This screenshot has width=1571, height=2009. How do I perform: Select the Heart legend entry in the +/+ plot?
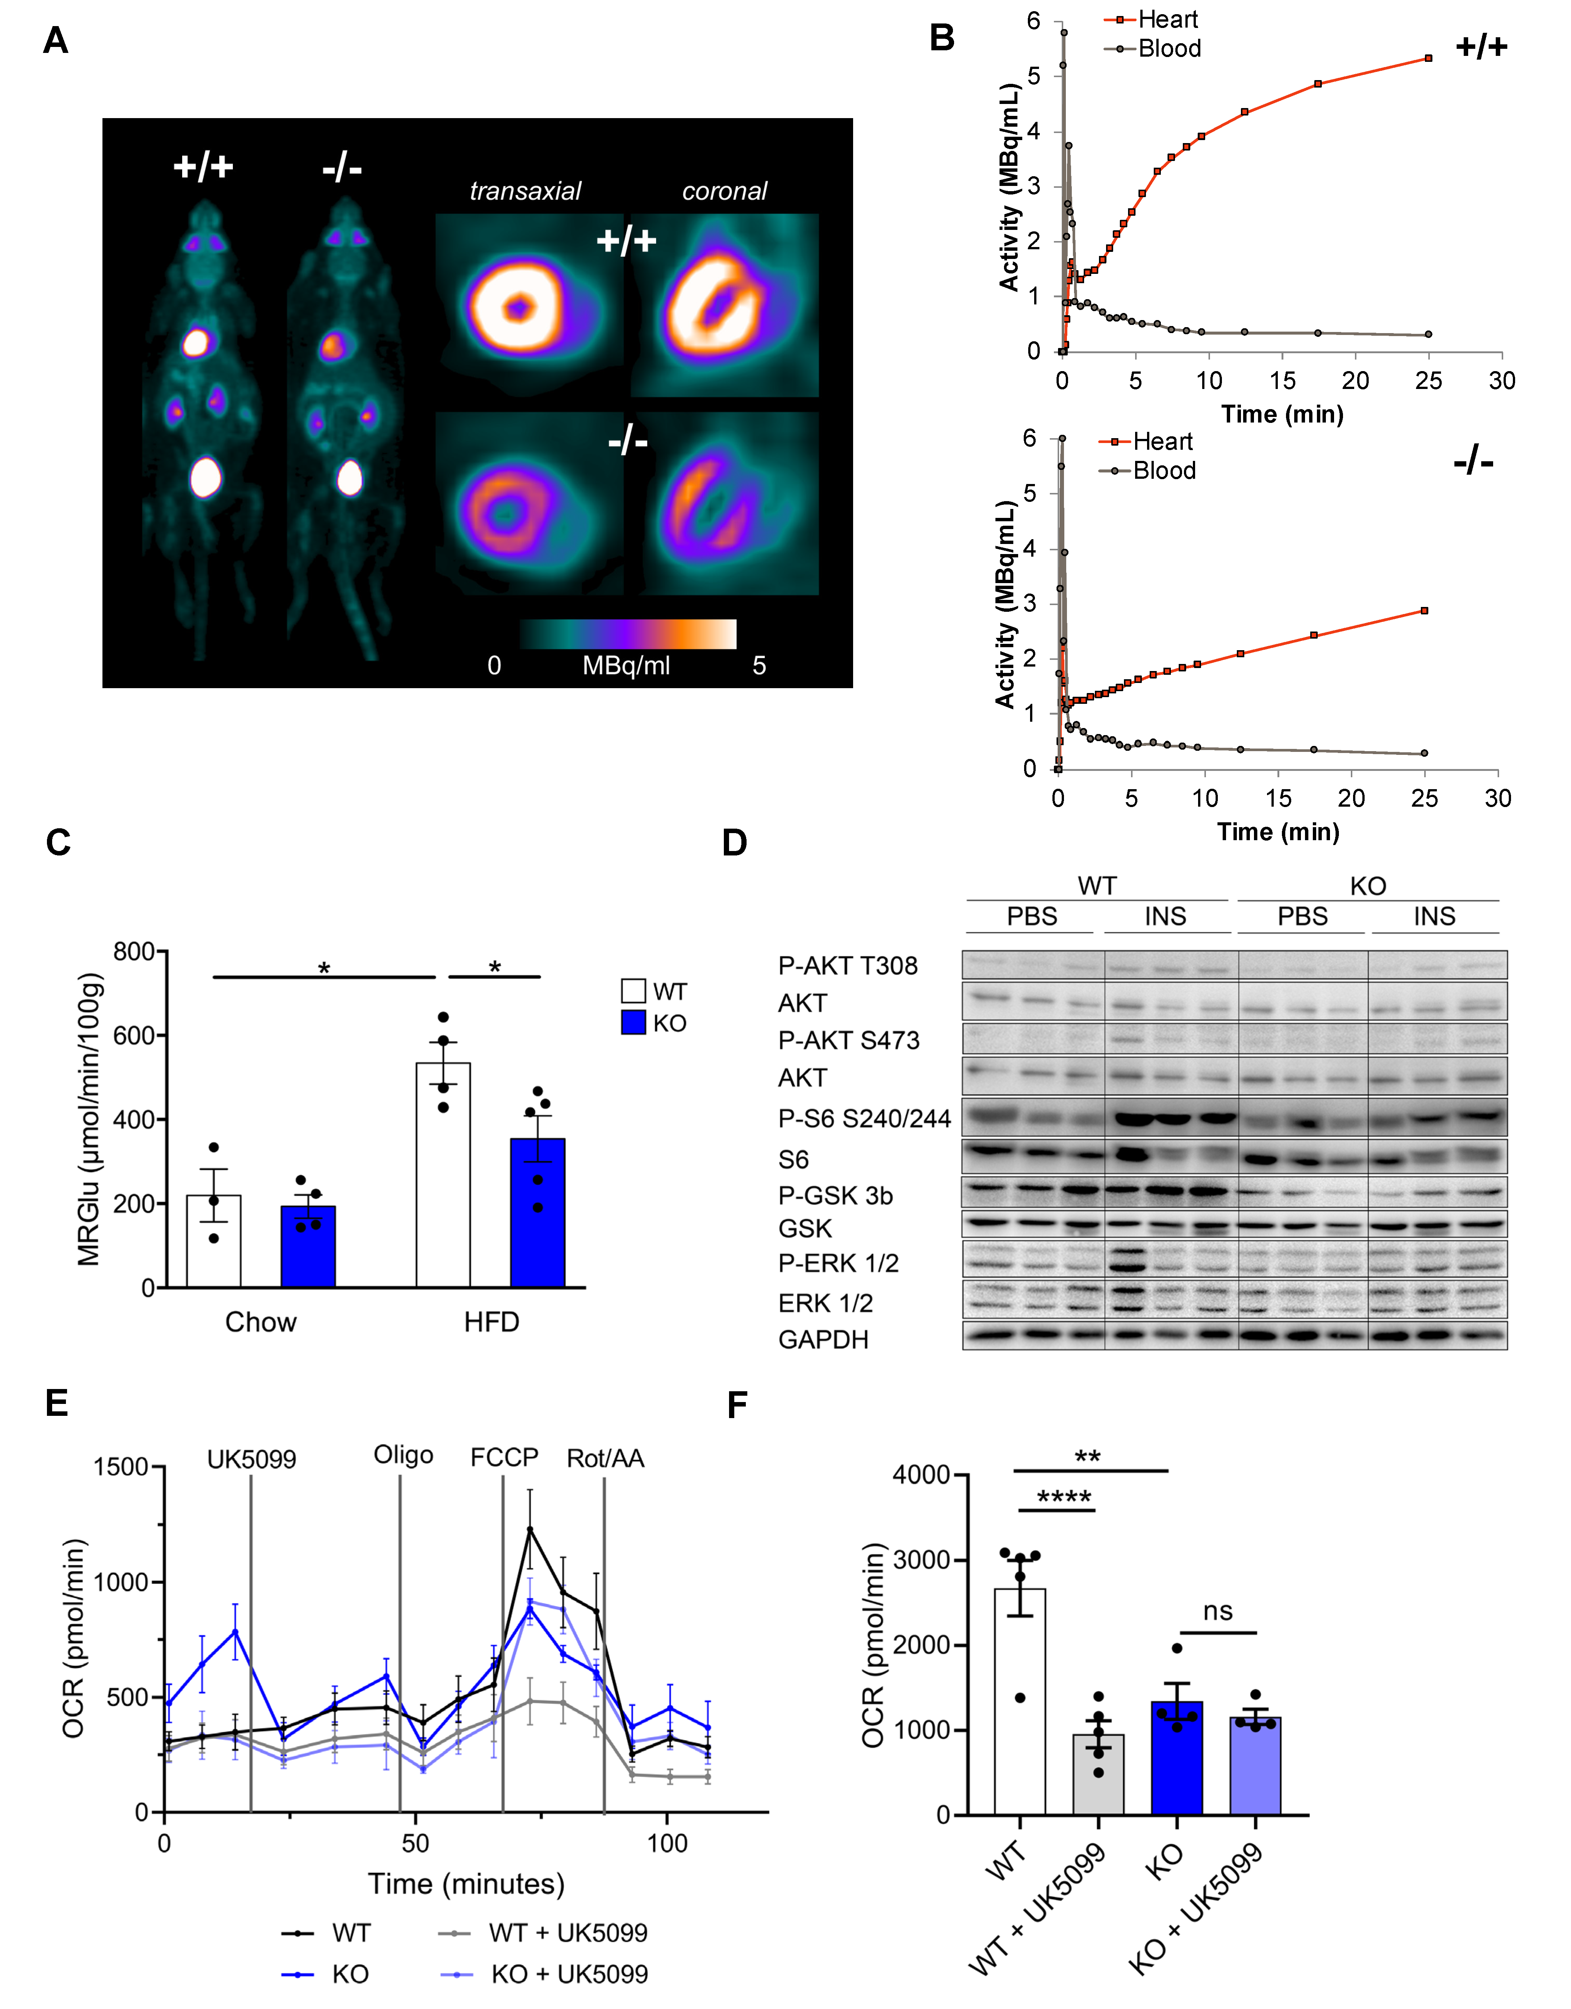[1166, 19]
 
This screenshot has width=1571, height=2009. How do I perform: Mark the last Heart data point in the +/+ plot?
[1428, 58]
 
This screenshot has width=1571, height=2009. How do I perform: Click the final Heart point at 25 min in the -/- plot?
[1425, 611]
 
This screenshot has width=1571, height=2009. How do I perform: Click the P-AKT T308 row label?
[847, 966]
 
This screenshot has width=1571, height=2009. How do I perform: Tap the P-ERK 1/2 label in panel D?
[838, 1263]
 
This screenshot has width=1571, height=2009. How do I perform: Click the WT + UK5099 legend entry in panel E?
[567, 1933]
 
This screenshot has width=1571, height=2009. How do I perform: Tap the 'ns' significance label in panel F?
[1218, 1611]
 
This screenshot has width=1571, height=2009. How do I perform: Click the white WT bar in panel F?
[1020, 1702]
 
